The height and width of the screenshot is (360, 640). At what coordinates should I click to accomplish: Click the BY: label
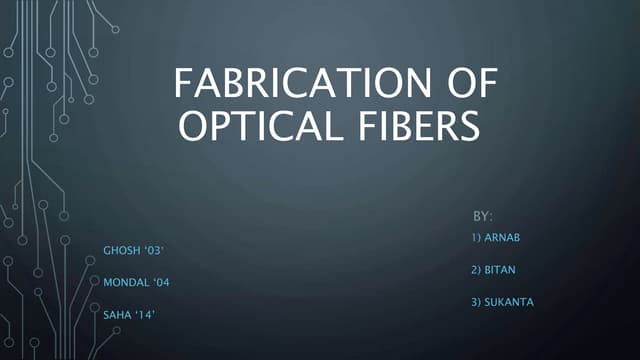click(483, 216)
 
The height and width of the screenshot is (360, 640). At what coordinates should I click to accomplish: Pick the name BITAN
click(503, 270)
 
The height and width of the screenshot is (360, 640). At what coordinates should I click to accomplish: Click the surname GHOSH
click(121, 247)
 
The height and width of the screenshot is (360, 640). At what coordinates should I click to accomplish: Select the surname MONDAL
click(125, 283)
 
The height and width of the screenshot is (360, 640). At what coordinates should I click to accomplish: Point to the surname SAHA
click(117, 315)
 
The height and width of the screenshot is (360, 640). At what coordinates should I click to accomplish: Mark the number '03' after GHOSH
click(157, 247)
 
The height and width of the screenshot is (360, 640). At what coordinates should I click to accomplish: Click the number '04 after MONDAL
click(160, 283)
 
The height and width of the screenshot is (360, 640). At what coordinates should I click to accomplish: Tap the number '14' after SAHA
click(146, 315)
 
